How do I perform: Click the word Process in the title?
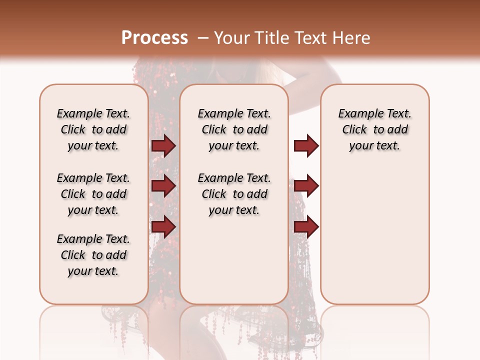coord(154,38)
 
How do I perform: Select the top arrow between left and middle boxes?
coord(163,145)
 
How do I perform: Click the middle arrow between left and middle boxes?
coord(163,186)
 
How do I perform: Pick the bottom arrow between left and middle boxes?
coord(163,226)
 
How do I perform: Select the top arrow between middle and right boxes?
coord(306,145)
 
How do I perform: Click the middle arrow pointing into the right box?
coord(306,186)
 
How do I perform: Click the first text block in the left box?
coord(93,129)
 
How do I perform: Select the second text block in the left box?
coord(93,194)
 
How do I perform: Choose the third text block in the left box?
coord(93,255)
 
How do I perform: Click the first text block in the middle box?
coord(234,129)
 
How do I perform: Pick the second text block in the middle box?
coord(234,194)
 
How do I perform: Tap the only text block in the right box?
coord(374,129)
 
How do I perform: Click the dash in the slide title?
coord(203,38)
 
